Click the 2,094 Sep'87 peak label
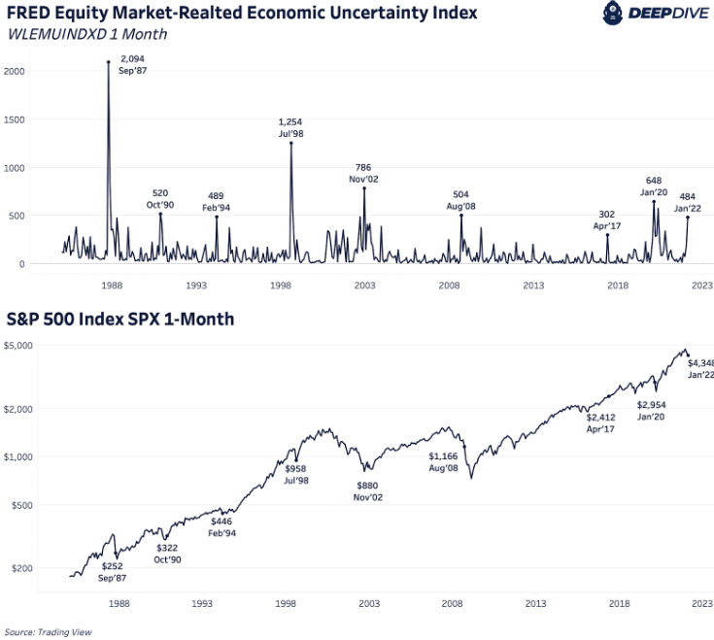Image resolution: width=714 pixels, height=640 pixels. pyautogui.click(x=132, y=64)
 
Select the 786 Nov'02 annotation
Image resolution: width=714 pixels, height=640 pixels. pyautogui.click(x=363, y=173)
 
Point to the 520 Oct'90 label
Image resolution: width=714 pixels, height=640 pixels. pyautogui.click(x=161, y=199)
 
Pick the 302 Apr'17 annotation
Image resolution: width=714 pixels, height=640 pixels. pyautogui.click(x=608, y=220)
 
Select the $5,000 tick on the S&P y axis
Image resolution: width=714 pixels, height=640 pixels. pyautogui.click(x=20, y=346)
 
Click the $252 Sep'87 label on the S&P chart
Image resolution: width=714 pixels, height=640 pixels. pyautogui.click(x=114, y=572)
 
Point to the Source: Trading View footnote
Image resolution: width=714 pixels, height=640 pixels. pyautogui.click(x=46, y=631)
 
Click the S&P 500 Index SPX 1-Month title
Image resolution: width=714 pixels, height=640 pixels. pyautogui.click(x=119, y=319)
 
